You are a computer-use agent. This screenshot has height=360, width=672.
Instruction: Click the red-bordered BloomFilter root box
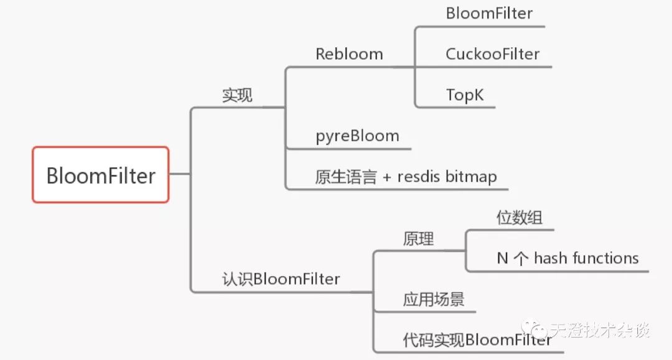(100, 175)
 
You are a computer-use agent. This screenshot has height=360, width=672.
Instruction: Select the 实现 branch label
(238, 96)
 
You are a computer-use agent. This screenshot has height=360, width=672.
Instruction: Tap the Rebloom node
(349, 54)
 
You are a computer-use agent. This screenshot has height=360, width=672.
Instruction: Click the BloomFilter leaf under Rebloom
(489, 14)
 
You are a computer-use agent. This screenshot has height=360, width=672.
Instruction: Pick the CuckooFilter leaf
(492, 54)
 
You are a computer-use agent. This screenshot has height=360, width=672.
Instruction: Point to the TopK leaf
(465, 95)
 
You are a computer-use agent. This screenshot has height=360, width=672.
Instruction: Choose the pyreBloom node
(357, 136)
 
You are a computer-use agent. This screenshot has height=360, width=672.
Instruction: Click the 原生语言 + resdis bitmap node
(406, 177)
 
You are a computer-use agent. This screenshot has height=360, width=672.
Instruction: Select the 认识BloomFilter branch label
(281, 279)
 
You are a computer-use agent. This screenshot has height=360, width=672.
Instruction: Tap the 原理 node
(418, 239)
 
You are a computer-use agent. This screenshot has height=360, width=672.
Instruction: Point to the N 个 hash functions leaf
(567, 258)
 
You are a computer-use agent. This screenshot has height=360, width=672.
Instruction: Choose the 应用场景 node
(433, 300)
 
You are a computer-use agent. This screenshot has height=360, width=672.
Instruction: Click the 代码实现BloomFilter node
(477, 340)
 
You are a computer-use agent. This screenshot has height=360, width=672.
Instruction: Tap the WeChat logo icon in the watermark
(535, 330)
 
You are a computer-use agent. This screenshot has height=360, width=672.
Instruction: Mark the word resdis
(420, 177)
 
